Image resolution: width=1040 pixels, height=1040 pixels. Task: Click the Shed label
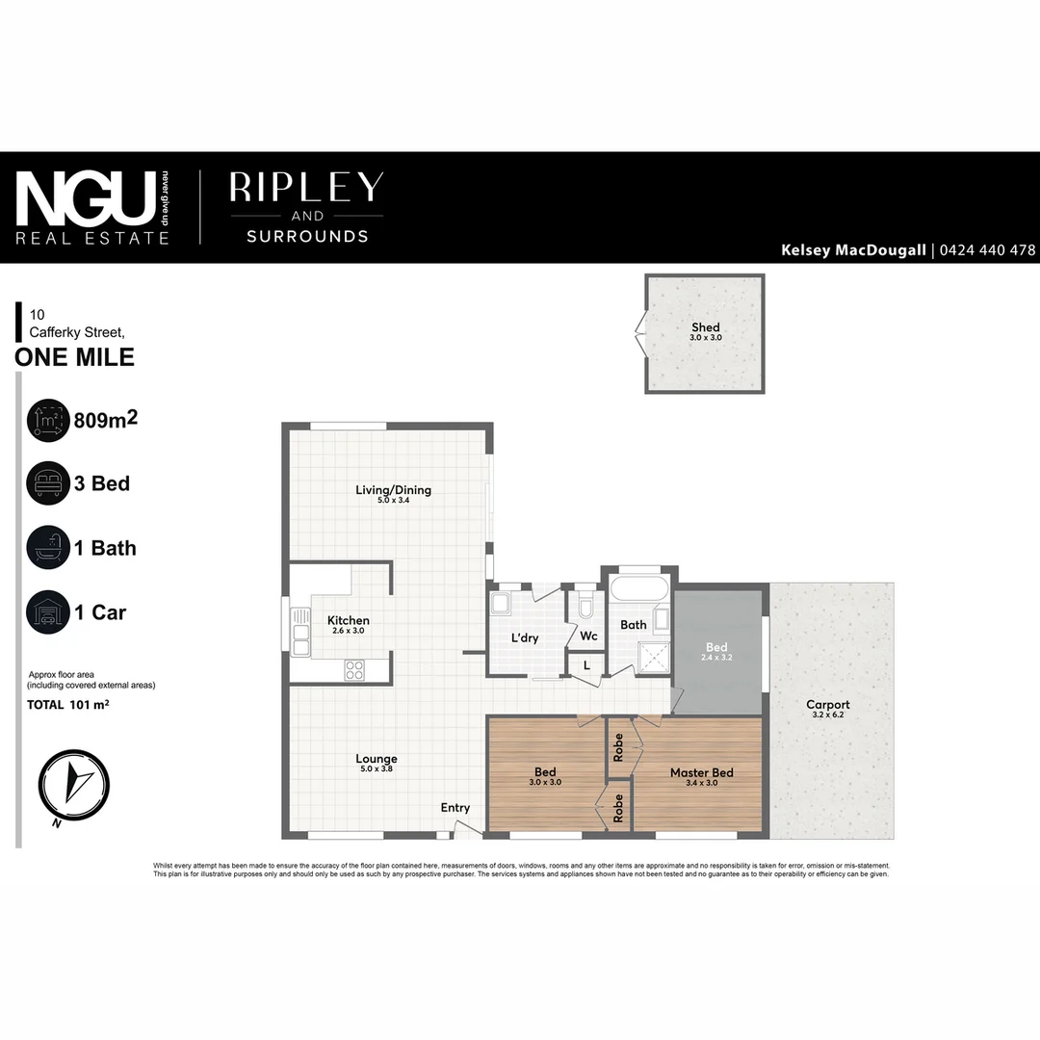coord(706,328)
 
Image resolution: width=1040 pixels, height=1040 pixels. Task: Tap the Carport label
coord(828,705)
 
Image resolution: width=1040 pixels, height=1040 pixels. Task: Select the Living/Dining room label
coord(393,490)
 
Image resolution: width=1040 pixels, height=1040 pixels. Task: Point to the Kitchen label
coord(348,620)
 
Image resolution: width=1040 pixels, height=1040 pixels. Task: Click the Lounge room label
coord(376,759)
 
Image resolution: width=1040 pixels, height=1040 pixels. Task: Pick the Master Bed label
coord(702,773)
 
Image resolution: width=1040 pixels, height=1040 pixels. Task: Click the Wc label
coord(588,636)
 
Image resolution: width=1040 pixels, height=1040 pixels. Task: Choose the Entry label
coord(455,808)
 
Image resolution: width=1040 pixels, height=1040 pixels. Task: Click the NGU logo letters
coord(87,198)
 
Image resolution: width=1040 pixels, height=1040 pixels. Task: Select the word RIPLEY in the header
coord(306,188)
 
